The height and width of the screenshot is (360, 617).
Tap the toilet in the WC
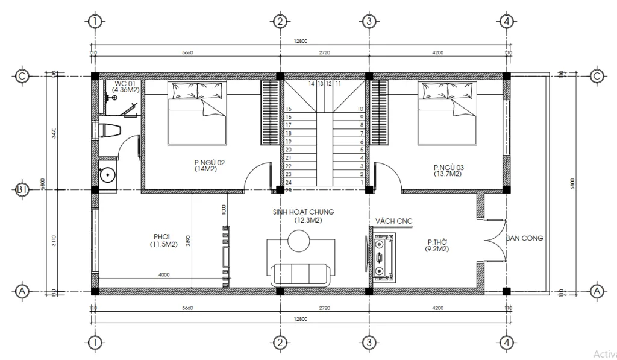tap(109, 130)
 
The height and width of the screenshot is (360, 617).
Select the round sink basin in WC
tap(107, 174)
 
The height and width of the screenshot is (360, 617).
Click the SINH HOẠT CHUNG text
tap(302, 212)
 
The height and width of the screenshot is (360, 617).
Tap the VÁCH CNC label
tap(393, 221)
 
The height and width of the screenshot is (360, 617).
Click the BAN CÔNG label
tap(525, 238)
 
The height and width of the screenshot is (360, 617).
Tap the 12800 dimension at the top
tap(300, 41)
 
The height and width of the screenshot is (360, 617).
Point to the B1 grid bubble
tap(22, 190)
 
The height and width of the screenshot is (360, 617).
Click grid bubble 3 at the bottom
tap(369, 343)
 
